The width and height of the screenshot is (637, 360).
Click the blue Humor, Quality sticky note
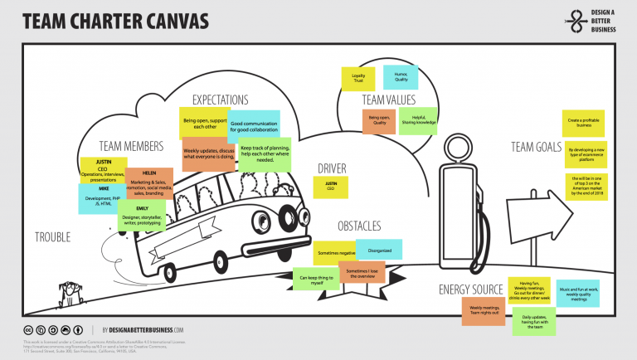400,77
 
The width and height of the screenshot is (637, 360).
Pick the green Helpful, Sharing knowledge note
418,120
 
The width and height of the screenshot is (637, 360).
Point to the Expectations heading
221,100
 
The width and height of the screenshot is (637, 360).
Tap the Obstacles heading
359,226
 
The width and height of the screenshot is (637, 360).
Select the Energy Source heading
471,289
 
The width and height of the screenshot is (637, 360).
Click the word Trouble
52,237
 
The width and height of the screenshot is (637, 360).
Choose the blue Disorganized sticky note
379,250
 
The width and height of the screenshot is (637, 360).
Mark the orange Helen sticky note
149,183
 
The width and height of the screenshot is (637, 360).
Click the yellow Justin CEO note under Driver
331,187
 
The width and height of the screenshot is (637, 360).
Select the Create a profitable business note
583,123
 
